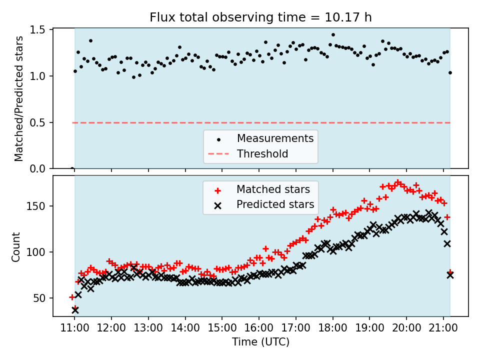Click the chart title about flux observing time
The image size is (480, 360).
click(260, 17)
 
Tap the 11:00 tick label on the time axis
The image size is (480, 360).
click(74, 328)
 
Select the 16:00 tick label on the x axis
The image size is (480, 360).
click(258, 328)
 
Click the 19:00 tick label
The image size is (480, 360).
click(369, 328)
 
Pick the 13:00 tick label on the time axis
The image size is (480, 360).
click(148, 328)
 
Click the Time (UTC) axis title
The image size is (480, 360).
click(260, 342)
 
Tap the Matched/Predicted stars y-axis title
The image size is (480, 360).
click(19, 98)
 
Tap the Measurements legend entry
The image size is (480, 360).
click(275, 138)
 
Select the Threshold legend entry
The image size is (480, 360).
click(262, 154)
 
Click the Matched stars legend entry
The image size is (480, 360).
click(273, 189)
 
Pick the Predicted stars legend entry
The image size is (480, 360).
click(275, 204)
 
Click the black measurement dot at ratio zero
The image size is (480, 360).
click(72, 168)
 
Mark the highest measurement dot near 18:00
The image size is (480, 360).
click(333, 35)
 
